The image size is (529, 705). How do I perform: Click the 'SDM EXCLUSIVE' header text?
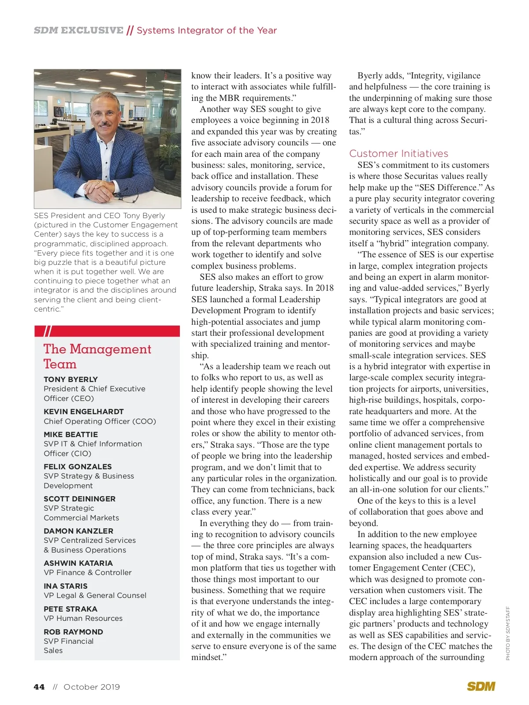[x=78, y=30]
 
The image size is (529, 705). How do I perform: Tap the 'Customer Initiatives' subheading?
[x=399, y=153]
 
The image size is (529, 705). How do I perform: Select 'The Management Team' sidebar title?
[x=97, y=356]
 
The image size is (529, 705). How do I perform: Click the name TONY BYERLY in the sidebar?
[x=71, y=379]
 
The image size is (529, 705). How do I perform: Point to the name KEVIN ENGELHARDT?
[x=84, y=412]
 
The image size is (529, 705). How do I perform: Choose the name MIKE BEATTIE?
[x=71, y=434]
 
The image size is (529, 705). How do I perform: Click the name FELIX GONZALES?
[x=78, y=467]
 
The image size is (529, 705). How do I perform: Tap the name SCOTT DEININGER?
[x=79, y=499]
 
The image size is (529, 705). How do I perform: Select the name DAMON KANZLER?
[x=78, y=531]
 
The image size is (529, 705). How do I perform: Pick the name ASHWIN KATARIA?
[x=78, y=563]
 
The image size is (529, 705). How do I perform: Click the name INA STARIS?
[x=66, y=586]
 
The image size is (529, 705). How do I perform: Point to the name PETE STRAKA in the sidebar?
[x=71, y=609]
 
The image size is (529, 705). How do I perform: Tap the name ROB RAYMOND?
[x=73, y=632]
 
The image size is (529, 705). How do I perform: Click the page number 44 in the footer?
[x=39, y=687]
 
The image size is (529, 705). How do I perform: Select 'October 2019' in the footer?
[x=92, y=687]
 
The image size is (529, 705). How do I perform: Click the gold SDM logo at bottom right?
[x=481, y=686]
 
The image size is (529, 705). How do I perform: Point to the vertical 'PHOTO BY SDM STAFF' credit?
[x=508, y=633]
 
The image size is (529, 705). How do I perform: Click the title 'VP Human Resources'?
[x=83, y=618]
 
